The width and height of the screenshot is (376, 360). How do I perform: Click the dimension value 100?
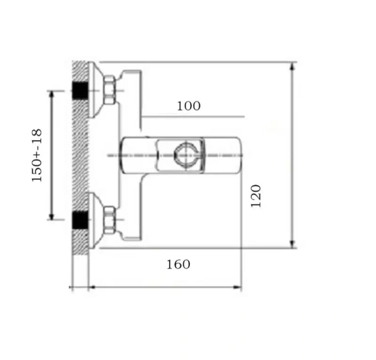[189, 106]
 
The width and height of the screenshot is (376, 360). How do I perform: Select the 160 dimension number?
[179, 264]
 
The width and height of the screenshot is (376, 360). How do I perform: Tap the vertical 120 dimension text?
[256, 196]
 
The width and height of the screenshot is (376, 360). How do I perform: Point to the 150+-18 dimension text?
[37, 155]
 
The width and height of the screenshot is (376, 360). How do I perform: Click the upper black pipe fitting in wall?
[80, 91]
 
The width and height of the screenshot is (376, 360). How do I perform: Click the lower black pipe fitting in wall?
[80, 220]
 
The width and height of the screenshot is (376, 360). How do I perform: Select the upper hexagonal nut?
[109, 90]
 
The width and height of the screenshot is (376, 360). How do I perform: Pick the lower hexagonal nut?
[109, 220]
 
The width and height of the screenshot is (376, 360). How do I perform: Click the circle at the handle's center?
[186, 155]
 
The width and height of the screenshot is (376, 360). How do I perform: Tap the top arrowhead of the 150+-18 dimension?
[51, 94]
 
